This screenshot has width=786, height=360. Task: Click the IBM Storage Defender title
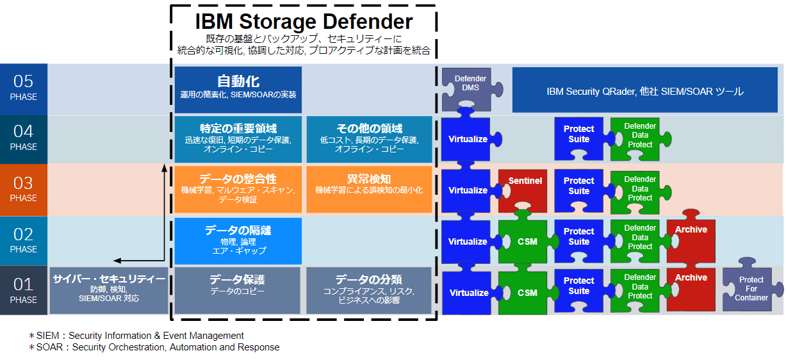(x=304, y=21)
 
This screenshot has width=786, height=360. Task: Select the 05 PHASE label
(x=24, y=88)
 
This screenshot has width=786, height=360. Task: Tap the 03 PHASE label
(x=24, y=190)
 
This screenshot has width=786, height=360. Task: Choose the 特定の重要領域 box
(x=238, y=138)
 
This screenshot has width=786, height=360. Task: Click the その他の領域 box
(x=369, y=138)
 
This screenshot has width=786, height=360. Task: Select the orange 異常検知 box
(x=369, y=190)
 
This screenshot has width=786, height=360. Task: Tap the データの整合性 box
(x=238, y=190)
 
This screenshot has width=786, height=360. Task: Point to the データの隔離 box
(x=238, y=241)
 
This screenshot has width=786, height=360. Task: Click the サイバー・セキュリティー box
(x=109, y=290)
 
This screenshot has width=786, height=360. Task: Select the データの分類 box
(x=369, y=290)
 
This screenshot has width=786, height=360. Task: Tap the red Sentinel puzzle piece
(x=523, y=189)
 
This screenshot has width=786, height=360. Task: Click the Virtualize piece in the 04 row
(x=467, y=139)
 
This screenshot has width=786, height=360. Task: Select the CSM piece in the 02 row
(x=526, y=241)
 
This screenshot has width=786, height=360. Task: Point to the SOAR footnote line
(x=154, y=347)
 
